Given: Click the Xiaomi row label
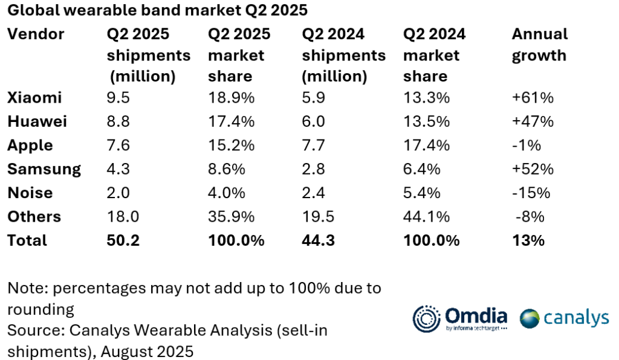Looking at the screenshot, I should (34, 97).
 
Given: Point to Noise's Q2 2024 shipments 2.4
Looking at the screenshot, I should (313, 193).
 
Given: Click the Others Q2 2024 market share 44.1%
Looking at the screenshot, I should (426, 216).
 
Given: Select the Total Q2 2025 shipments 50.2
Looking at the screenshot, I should (123, 240).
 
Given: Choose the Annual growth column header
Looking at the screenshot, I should (539, 45).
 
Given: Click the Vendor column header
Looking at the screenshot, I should (36, 34).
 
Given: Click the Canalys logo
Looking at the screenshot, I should (564, 318).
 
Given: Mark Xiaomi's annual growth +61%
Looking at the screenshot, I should (533, 97).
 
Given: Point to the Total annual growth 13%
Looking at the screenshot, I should (528, 240).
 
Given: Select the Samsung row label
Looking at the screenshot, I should (44, 169).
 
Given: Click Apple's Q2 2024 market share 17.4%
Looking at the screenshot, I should (426, 146).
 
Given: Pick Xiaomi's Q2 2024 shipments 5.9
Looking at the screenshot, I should (313, 97).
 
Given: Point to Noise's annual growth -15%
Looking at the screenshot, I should (531, 193).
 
